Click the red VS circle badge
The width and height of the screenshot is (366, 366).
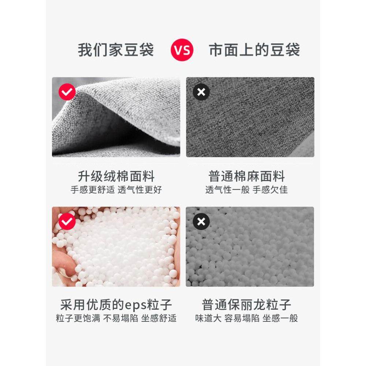182,50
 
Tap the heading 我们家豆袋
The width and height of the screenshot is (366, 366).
116,50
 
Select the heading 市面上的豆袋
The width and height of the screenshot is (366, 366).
254,50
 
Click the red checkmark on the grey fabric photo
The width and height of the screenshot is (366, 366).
67,92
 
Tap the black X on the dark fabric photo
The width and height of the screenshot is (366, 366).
201,92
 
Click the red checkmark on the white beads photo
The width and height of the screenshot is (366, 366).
67,221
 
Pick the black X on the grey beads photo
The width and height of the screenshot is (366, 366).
201,221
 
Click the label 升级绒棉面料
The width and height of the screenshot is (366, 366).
116,177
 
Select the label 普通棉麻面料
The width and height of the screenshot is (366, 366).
247,177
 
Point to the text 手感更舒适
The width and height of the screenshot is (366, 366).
93,190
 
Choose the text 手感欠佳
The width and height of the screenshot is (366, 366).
270,190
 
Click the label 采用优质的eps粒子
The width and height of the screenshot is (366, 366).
116,305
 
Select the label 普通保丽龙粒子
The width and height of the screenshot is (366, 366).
247,305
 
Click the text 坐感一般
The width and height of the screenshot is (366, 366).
280,318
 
